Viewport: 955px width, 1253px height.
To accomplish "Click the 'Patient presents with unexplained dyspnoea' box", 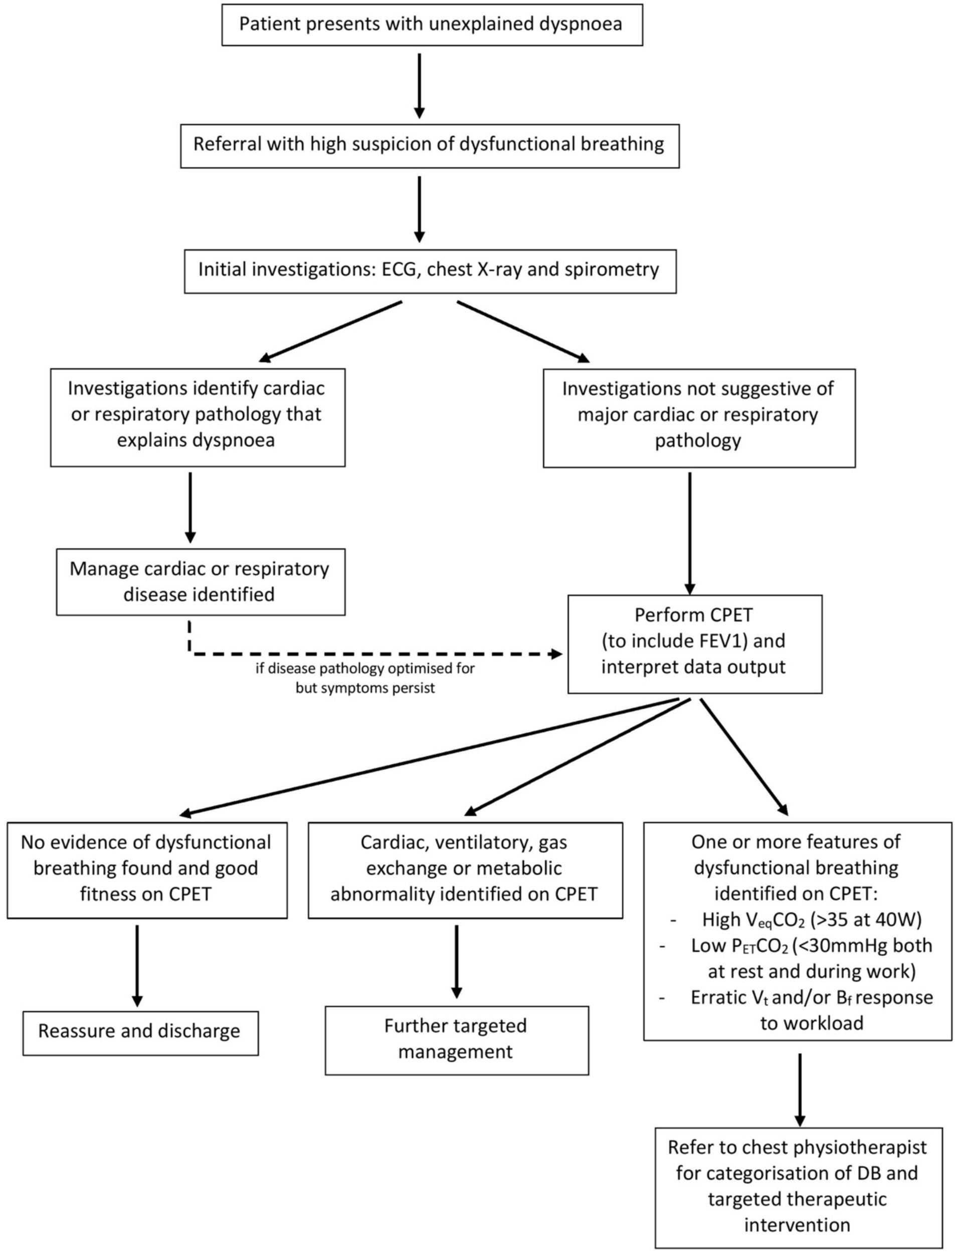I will click(x=432, y=25).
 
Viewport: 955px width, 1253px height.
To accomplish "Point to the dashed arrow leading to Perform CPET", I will click(x=375, y=654).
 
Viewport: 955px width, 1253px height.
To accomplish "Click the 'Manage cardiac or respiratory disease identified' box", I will click(x=200, y=581).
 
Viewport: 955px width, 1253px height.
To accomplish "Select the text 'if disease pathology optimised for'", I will click(x=365, y=668).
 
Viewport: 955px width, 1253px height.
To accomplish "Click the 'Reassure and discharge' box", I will click(x=140, y=1031).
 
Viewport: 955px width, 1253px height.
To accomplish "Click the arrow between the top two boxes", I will click(x=419, y=85).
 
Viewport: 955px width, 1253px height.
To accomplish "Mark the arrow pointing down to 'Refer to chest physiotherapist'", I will click(x=800, y=1087).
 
